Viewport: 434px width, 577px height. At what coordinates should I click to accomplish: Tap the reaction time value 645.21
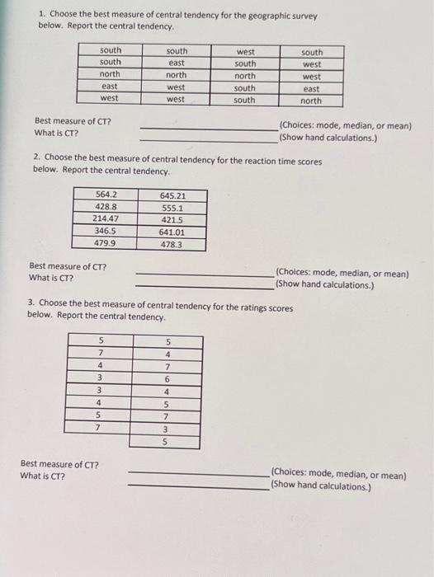point(172,196)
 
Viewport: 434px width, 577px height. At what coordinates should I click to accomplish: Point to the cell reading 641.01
point(172,232)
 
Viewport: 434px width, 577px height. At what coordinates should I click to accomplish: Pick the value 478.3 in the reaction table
point(172,244)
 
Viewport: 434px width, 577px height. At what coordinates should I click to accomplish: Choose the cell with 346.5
point(106,231)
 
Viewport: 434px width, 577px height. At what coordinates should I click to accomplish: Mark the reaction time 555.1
point(172,209)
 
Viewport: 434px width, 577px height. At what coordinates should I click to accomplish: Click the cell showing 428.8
point(106,207)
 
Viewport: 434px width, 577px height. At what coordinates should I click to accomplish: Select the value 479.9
point(106,243)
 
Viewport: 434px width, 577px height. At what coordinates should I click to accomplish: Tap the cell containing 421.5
point(172,220)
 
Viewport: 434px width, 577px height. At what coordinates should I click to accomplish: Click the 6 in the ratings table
point(167,378)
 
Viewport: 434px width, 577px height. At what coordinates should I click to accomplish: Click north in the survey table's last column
point(311,101)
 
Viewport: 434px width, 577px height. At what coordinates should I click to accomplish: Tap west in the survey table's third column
point(245,52)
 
